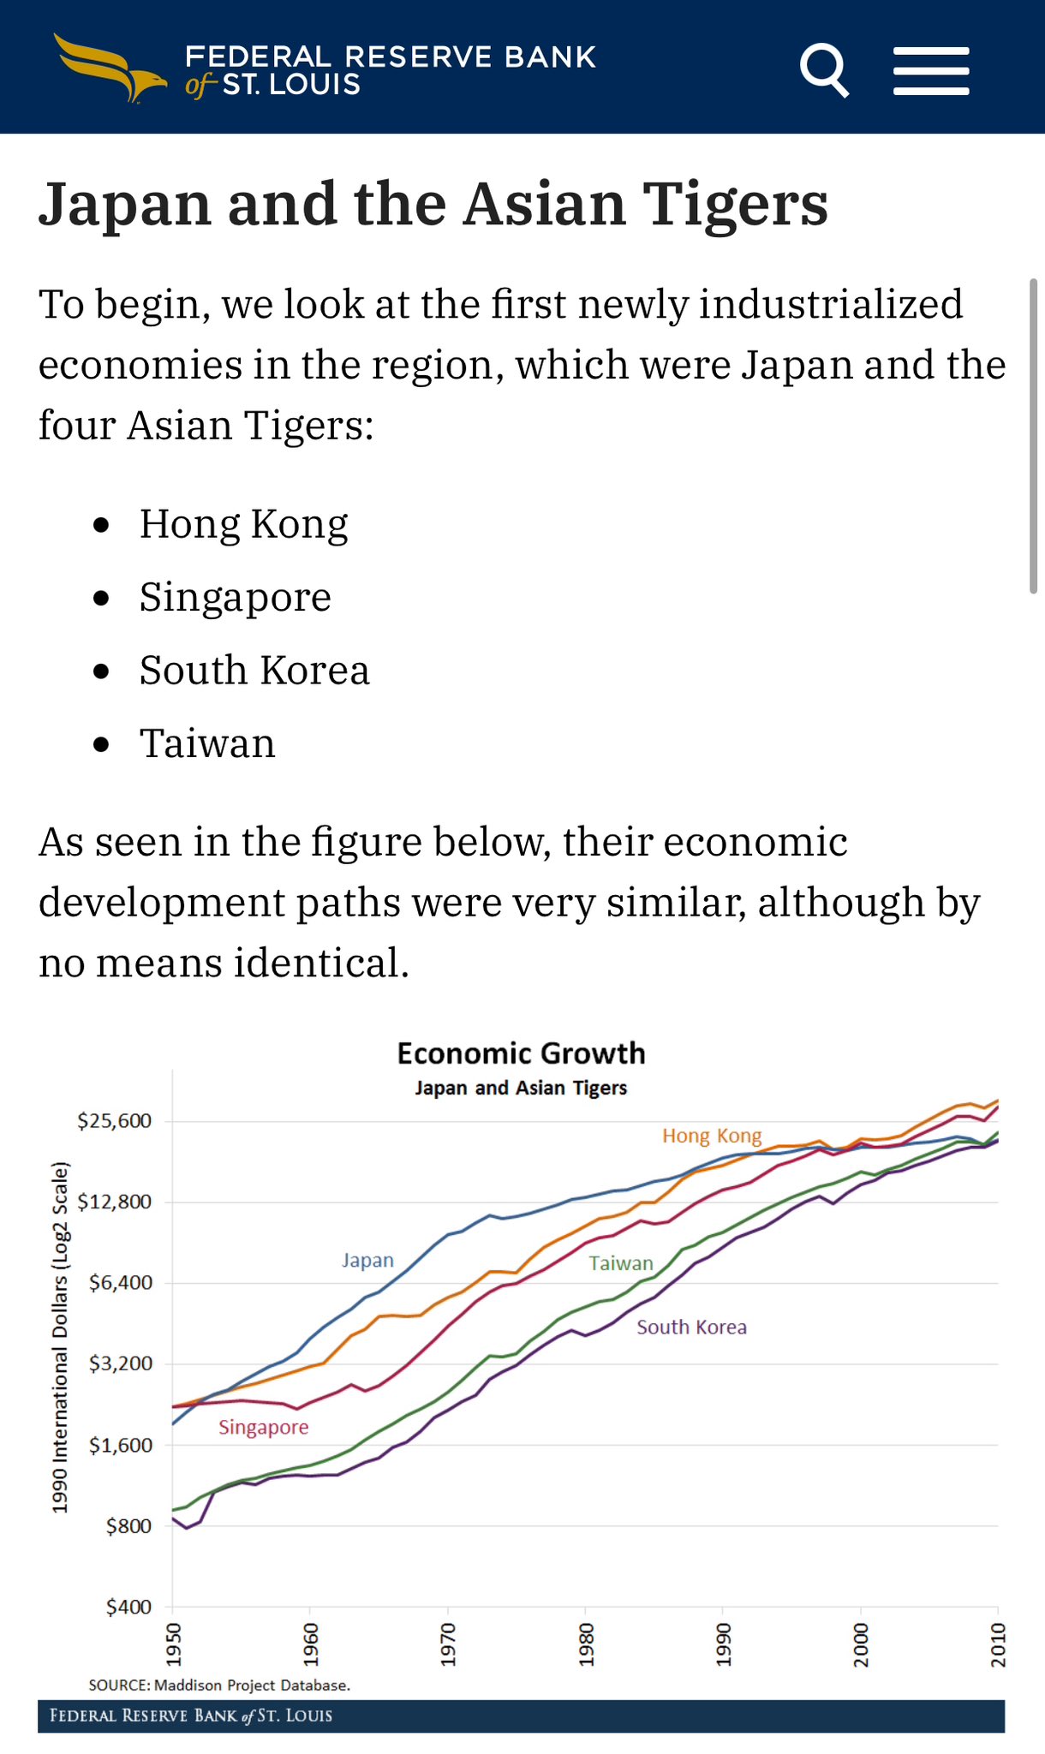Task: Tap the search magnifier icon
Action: [x=824, y=70]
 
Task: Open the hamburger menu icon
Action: [x=931, y=71]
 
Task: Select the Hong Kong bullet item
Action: [x=243, y=524]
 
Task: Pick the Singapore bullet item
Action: [x=235, y=597]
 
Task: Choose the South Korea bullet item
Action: [x=254, y=671]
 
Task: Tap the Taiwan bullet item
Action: [x=207, y=743]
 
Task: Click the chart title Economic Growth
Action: [x=521, y=1053]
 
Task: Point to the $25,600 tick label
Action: [x=114, y=1121]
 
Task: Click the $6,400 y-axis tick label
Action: [x=120, y=1282]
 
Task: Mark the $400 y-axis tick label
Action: [x=128, y=1607]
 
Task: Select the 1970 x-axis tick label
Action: [x=448, y=1644]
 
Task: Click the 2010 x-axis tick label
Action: [x=998, y=1644]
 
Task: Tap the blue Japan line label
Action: [x=367, y=1260]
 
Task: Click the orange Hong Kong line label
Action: [x=711, y=1136]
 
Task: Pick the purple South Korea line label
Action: [x=691, y=1327]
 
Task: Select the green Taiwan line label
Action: [x=621, y=1263]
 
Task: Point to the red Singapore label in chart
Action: [x=263, y=1427]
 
